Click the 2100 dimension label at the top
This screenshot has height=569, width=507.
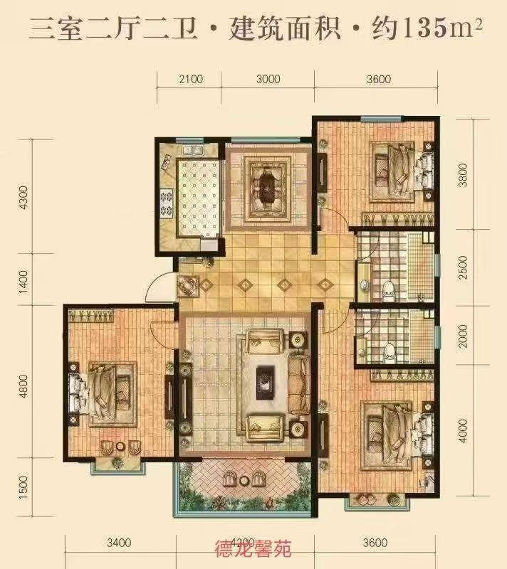(190, 79)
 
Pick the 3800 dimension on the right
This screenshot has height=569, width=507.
(464, 175)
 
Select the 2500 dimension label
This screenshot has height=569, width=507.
(464, 270)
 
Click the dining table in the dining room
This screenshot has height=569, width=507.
(267, 184)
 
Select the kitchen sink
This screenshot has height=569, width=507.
(192, 151)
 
